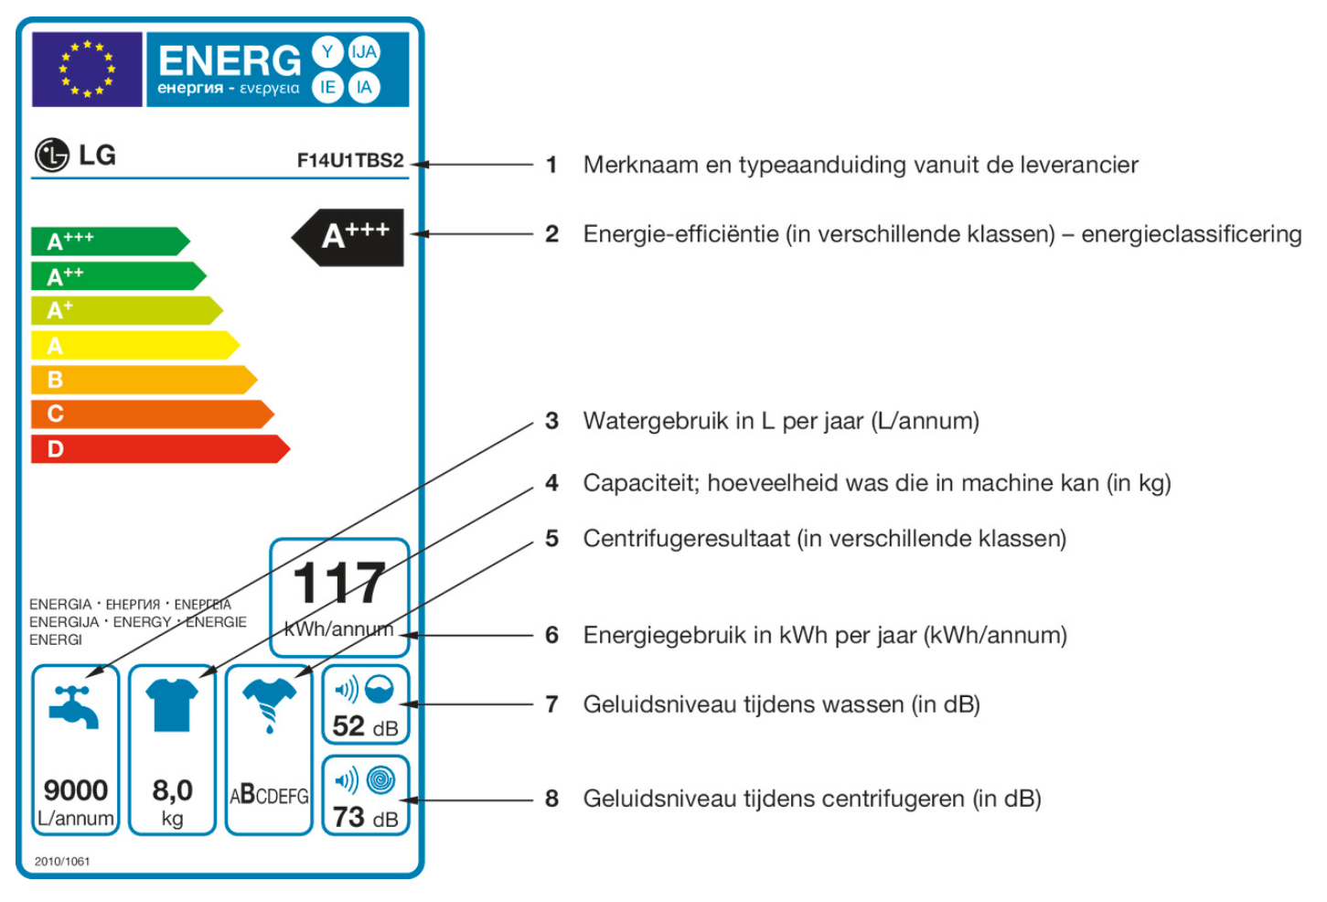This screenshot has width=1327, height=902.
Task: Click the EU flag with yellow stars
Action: (x=87, y=70)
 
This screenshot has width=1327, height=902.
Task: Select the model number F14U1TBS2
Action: (x=350, y=160)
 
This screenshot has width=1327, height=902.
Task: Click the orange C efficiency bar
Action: (x=151, y=414)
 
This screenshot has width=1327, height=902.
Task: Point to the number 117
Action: (x=339, y=584)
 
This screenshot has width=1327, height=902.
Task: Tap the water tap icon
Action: (x=74, y=707)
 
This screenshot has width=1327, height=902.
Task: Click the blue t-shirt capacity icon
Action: (x=172, y=704)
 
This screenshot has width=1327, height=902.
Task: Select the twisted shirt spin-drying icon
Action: (x=269, y=704)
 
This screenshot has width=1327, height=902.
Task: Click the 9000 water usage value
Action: (x=76, y=789)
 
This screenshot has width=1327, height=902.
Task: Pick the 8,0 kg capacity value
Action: (x=172, y=790)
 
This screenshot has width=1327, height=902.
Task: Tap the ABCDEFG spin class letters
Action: (x=269, y=795)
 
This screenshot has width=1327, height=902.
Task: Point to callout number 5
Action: (x=551, y=539)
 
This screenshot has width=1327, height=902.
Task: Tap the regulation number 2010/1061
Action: (x=62, y=861)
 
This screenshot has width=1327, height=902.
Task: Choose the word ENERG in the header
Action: (x=230, y=60)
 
